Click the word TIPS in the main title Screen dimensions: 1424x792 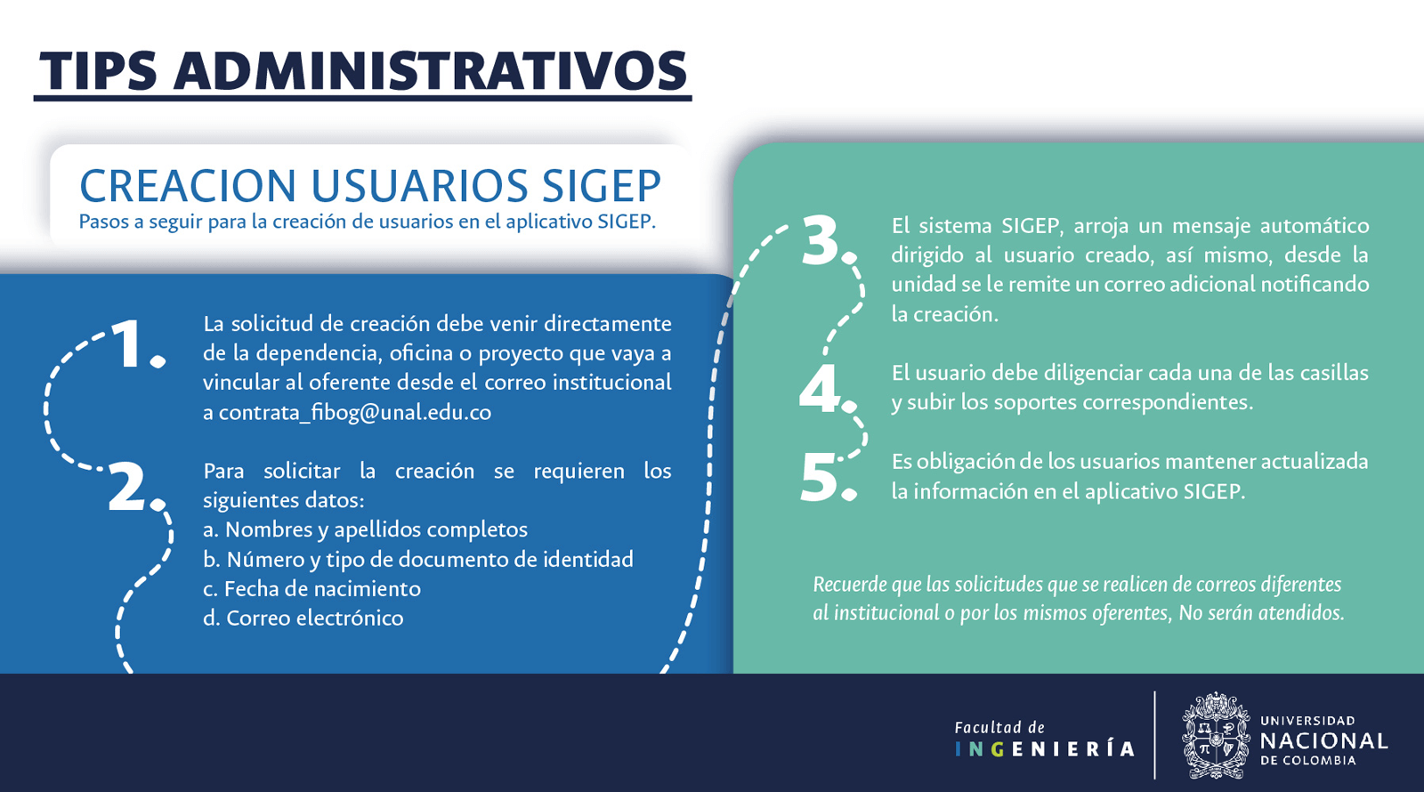pos(98,70)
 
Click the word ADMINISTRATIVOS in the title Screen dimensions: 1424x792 pos(431,70)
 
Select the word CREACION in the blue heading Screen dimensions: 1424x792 pos(188,186)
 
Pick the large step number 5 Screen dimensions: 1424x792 pos(828,477)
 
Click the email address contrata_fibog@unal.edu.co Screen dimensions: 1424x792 pos(355,413)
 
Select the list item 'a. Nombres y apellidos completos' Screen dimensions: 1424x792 pos(366,529)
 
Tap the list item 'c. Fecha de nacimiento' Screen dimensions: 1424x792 pos(312,588)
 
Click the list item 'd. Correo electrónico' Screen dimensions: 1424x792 pos(303,618)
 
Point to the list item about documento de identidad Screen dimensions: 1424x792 pos(418,560)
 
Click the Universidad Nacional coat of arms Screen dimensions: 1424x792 pos(1216,735)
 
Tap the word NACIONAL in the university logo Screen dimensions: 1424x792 pos(1323,740)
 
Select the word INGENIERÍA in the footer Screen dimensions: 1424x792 pos(1045,749)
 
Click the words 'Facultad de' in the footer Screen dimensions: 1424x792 pos(999,727)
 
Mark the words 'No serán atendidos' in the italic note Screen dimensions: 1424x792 pos(1261,613)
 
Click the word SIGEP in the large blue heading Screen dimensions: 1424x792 pos(602,186)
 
